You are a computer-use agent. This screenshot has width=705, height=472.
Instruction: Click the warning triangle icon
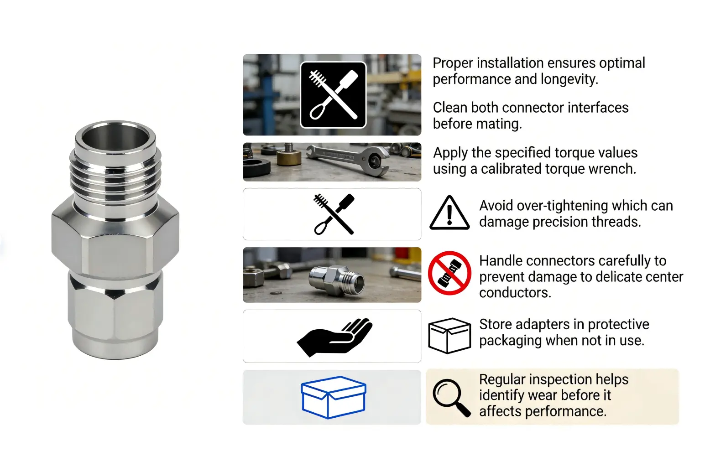pos(449,213)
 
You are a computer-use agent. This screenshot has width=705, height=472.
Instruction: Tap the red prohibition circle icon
pos(449,273)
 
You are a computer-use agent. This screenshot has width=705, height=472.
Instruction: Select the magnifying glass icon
pos(451,398)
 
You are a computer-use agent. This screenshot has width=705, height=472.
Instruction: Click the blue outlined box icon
pos(333,397)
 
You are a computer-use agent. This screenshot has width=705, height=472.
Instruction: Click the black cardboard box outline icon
pos(449,336)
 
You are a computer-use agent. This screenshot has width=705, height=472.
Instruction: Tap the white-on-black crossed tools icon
pos(333,95)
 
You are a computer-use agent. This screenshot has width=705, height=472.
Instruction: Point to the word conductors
pos(515,293)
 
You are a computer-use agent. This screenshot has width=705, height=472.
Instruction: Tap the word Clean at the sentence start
pos(450,108)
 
